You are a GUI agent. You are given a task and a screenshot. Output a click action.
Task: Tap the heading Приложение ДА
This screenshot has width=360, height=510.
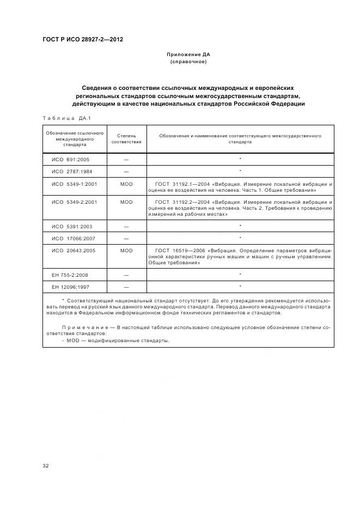(188, 54)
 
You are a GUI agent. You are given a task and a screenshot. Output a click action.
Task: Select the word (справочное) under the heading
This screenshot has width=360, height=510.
(188, 62)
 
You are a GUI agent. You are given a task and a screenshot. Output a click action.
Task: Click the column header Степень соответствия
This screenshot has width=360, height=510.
(126, 138)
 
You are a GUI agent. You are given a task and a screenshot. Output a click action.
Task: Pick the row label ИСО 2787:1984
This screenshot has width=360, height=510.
(72, 171)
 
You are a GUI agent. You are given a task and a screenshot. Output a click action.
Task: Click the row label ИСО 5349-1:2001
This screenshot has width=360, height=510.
(75, 184)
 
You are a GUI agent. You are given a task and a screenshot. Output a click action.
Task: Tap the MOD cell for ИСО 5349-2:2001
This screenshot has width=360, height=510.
(126, 202)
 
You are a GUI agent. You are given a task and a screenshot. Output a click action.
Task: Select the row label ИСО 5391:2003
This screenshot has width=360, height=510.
(72, 226)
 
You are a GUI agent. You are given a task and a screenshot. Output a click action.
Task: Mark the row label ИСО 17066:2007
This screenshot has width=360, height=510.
(74, 238)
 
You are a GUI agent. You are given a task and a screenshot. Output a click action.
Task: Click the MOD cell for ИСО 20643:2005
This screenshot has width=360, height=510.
(126, 251)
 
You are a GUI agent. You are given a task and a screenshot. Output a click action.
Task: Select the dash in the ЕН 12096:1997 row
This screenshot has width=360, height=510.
(126, 287)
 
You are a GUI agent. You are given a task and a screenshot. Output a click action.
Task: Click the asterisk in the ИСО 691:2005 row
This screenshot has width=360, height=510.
(240, 159)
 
